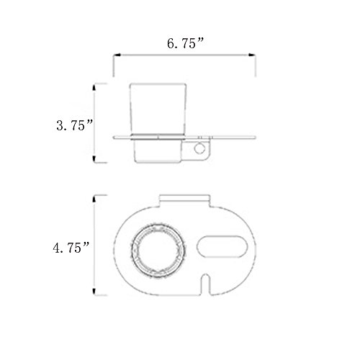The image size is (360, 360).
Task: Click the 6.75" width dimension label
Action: pos(185,43)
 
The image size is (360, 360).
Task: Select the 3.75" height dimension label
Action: pos(74,125)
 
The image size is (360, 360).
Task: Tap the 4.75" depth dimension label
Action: pos(71,247)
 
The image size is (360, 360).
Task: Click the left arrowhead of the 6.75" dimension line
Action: pos(117,55)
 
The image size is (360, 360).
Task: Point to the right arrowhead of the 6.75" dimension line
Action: pos(252,55)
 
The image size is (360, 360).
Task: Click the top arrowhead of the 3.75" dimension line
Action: pos(94,87)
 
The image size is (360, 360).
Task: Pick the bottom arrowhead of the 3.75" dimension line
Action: pos(94,159)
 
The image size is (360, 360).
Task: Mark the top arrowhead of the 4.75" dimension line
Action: pos(94,199)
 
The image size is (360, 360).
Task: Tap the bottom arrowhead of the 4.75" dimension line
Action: pos(94,291)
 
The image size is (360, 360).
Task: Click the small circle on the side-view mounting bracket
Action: pos(199,148)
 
